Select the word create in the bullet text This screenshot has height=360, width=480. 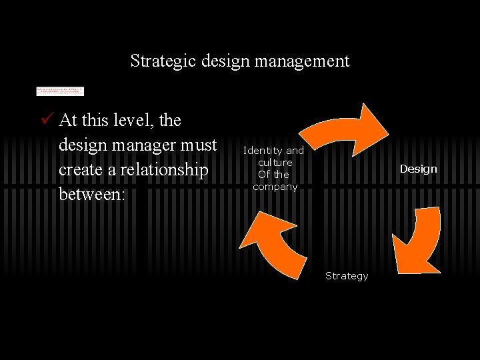[80, 170]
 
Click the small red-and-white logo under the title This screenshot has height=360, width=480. [60, 91]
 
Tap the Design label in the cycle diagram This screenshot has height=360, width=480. [418, 169]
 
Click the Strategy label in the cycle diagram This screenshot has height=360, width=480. [347, 276]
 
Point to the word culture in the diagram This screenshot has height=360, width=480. [275, 163]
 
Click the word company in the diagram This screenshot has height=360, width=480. [275, 187]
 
